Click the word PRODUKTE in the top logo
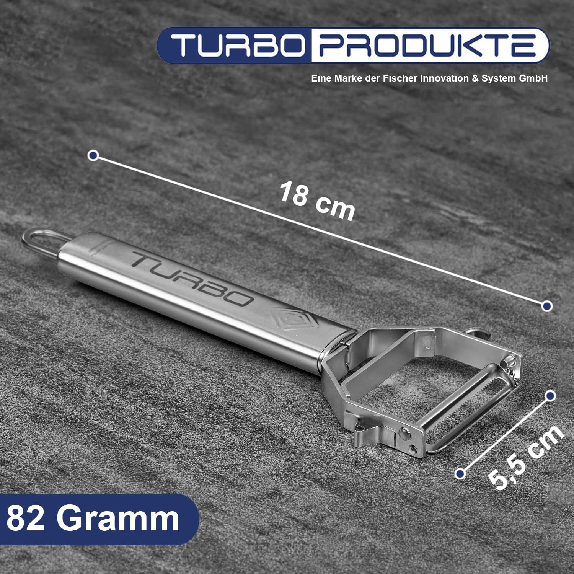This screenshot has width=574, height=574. [427, 45]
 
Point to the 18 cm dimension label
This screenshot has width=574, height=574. [317, 201]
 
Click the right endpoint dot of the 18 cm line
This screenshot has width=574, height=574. [547, 306]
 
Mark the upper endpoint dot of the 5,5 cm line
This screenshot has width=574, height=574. [550, 396]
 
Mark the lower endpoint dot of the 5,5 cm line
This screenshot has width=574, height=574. [460, 473]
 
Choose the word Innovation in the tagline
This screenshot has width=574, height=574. [444, 78]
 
